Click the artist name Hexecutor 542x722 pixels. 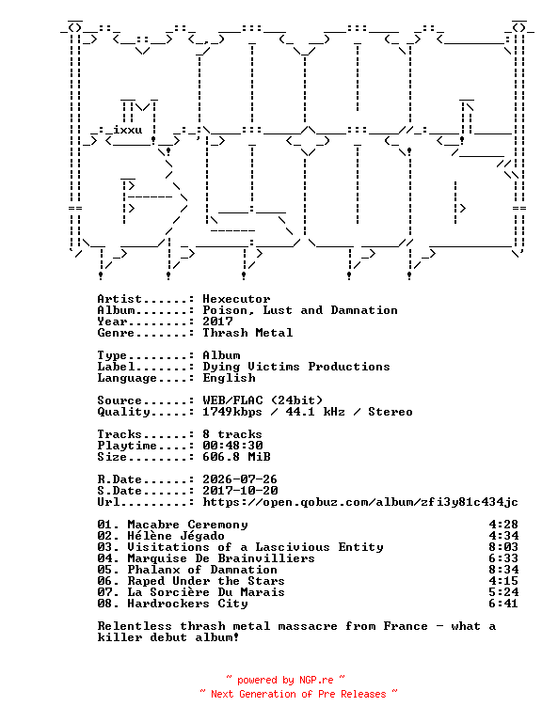coord(236,299)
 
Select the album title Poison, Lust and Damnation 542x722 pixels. coord(300,310)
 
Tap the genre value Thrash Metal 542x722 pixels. coord(247,333)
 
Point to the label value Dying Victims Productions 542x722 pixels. coord(296,367)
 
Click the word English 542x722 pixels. coord(229,378)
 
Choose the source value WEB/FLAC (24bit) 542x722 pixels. coord(263,400)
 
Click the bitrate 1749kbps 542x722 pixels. coord(232,412)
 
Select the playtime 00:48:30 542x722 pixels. coord(232,446)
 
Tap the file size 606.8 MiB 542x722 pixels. coord(236,457)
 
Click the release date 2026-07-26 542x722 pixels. coord(240,479)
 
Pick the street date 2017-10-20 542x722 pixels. coord(240,491)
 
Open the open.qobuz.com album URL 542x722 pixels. coord(360,502)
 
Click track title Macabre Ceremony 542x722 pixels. coord(187,525)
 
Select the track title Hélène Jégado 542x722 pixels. coord(176,536)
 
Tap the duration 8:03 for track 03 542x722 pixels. coord(503,547)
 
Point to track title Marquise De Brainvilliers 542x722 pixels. coord(221,558)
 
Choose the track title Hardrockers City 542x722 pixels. coord(187,604)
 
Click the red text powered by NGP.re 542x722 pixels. coord(285,680)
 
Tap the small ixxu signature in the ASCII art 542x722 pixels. coord(128,130)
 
